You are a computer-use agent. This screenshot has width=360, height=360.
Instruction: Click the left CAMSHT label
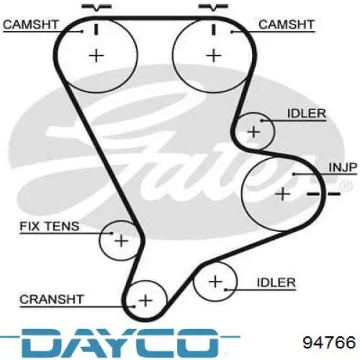(x=31, y=24)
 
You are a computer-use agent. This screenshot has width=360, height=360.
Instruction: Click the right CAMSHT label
(x=287, y=24)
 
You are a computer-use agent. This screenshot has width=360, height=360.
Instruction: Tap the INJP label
(x=343, y=167)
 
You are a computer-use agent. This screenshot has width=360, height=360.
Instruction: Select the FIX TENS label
(x=50, y=226)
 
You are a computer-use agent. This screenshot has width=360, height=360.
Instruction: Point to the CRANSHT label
(x=51, y=300)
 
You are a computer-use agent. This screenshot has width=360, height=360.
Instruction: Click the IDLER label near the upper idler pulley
(x=307, y=114)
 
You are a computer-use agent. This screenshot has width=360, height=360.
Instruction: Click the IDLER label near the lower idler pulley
(x=276, y=282)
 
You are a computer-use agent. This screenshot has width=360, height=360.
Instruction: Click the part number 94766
(x=329, y=343)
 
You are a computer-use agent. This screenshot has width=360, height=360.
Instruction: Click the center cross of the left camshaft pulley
(x=96, y=55)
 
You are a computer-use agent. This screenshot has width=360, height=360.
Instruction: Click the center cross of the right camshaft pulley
(x=213, y=55)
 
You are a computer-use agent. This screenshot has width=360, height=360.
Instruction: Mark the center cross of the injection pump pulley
(x=282, y=194)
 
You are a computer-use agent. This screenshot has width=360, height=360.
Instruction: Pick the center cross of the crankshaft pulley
(x=145, y=300)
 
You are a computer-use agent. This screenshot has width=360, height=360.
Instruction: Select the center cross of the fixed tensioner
(x=122, y=240)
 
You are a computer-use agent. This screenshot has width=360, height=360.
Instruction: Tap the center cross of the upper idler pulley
(x=253, y=132)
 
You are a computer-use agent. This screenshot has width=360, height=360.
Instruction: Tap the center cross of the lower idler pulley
(x=215, y=282)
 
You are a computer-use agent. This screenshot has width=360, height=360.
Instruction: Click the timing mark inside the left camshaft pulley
(x=96, y=30)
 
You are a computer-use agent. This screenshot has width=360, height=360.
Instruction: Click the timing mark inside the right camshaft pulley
(x=213, y=30)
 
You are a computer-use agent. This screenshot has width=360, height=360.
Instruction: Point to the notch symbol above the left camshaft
(x=96, y=7)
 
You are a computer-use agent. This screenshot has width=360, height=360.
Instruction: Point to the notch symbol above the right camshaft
(x=213, y=7)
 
